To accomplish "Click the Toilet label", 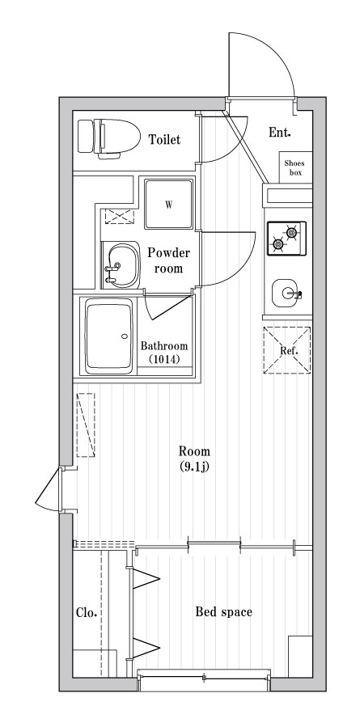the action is coord(164,139).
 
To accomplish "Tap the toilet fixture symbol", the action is coord(109,137).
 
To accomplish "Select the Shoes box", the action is coord(295,167).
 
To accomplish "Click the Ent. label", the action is coord(280,133).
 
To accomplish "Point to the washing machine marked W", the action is coord(168,205).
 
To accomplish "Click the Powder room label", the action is coord(168,260).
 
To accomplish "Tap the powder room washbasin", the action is coord(121,264).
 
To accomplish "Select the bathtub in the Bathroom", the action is coord(109,336).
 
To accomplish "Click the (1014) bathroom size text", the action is coord(164,359).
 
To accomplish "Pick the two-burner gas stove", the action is coord(286,239).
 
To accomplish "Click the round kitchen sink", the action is coord(286,293).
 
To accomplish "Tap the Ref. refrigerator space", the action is coord(287,350).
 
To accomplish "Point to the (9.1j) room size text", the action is coord(195,467).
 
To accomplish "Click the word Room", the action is coord(195,451).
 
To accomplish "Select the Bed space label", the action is coord(223,612).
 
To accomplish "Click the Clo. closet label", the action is coord(87,613).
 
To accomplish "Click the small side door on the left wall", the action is coord(49,489).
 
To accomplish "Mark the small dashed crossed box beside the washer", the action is coord(120,217).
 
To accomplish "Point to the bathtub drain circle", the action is coord(125,336).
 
